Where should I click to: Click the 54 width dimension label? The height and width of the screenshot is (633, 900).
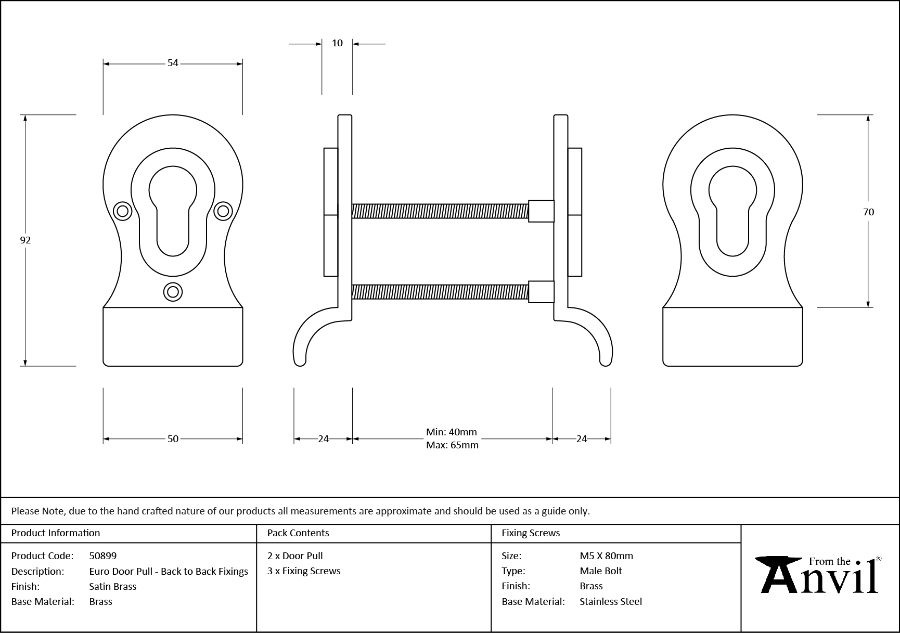tap(173, 63)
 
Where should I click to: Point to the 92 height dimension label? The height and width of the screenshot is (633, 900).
tap(25, 240)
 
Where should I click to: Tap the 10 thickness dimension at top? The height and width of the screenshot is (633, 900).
tap(337, 43)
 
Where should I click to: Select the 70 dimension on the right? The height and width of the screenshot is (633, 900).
tap(868, 212)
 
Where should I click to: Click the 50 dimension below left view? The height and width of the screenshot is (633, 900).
tap(173, 439)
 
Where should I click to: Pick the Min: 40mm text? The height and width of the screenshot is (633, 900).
tap(451, 432)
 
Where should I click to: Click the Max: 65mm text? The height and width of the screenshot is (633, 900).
tap(452, 445)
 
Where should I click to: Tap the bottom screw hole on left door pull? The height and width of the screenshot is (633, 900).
tap(173, 292)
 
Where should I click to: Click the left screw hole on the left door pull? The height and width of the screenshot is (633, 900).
tap(123, 211)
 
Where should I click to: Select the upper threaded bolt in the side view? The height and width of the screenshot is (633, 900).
tap(440, 211)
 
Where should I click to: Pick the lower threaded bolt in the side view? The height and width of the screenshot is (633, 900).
tap(440, 292)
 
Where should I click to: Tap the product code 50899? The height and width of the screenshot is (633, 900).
tap(103, 556)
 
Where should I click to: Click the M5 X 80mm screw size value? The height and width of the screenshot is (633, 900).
tap(606, 556)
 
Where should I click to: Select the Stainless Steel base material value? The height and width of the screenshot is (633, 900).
tap(611, 601)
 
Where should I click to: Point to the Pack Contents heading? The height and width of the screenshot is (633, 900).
tap(298, 533)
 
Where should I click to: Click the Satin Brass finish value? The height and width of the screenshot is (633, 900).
tap(113, 586)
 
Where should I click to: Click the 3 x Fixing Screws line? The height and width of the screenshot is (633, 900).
tap(304, 571)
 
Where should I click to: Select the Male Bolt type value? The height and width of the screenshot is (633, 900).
tap(601, 571)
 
